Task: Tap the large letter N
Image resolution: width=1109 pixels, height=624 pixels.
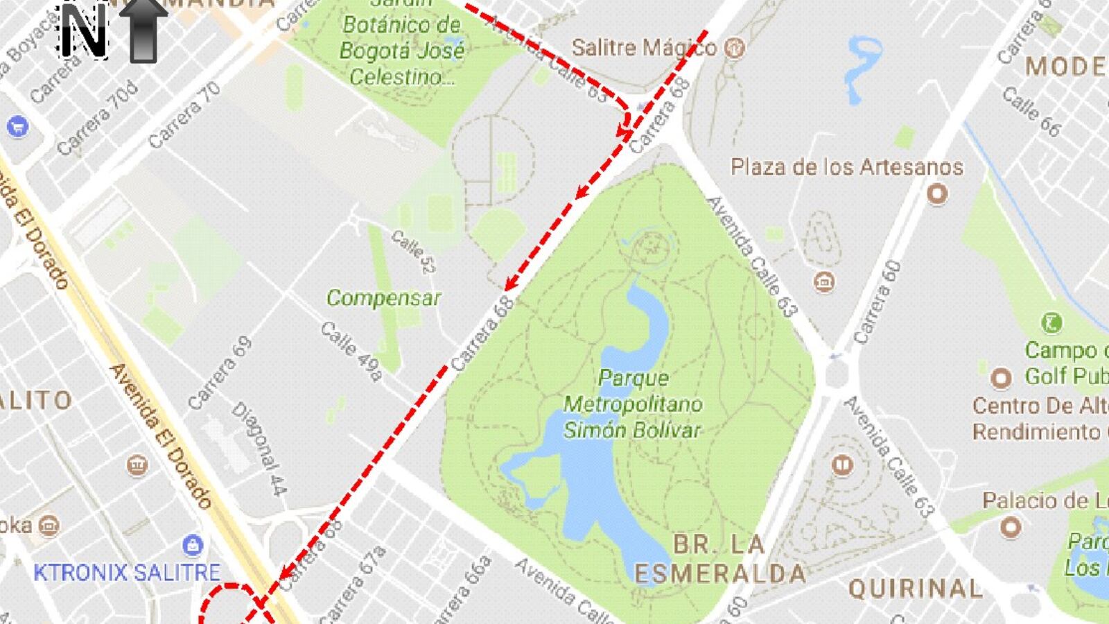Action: (84, 31)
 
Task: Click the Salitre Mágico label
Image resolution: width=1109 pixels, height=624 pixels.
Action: (643, 47)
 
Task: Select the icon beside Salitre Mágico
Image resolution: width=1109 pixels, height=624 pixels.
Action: (734, 48)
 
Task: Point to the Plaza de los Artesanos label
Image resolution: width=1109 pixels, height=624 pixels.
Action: (846, 167)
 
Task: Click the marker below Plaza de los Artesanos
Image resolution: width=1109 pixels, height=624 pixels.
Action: (937, 193)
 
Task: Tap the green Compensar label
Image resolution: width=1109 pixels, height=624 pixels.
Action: (383, 298)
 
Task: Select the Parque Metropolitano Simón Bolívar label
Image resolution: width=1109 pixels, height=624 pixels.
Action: (632, 404)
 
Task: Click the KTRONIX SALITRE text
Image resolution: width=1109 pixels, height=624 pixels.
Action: (127, 573)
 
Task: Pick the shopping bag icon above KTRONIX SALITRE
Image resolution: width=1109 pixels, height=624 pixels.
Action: (192, 545)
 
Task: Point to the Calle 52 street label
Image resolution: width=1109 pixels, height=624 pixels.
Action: (413, 252)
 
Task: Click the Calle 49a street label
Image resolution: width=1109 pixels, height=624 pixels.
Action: (351, 352)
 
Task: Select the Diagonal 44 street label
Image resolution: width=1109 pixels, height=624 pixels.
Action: (259, 449)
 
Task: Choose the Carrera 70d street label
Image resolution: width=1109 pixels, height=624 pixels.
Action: (98, 117)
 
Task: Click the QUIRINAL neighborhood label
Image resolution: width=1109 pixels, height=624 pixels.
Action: (916, 589)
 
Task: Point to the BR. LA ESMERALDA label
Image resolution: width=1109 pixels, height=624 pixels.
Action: (720, 559)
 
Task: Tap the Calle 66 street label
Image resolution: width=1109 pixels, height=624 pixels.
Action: (1031, 112)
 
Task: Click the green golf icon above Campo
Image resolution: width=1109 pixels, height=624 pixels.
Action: (1052, 322)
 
